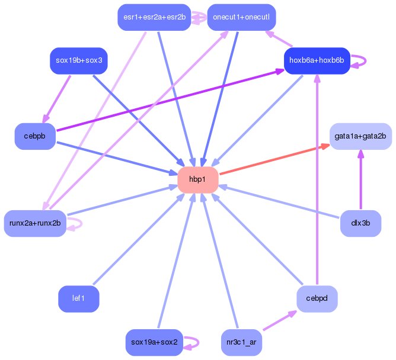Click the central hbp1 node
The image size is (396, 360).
click(x=198, y=179)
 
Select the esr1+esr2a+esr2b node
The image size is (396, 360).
click(x=154, y=17)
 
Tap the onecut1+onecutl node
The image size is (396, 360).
click(x=241, y=17)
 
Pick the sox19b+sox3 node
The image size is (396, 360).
click(x=79, y=60)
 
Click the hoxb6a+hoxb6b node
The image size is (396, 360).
click(x=317, y=60)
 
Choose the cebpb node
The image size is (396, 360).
click(x=35, y=136)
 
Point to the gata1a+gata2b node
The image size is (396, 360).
click(x=360, y=136)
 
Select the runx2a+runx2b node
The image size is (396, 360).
click(x=35, y=223)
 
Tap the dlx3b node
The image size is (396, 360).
click(x=360, y=223)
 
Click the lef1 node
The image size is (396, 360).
click(x=78, y=298)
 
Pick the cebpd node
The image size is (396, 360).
click(x=317, y=298)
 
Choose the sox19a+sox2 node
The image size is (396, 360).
click(x=154, y=342)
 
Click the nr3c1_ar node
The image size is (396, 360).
click(x=241, y=342)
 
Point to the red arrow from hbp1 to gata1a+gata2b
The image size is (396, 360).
click(x=275, y=159)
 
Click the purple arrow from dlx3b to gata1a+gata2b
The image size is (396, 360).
click(x=360, y=179)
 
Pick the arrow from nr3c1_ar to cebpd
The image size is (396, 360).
click(x=280, y=320)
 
